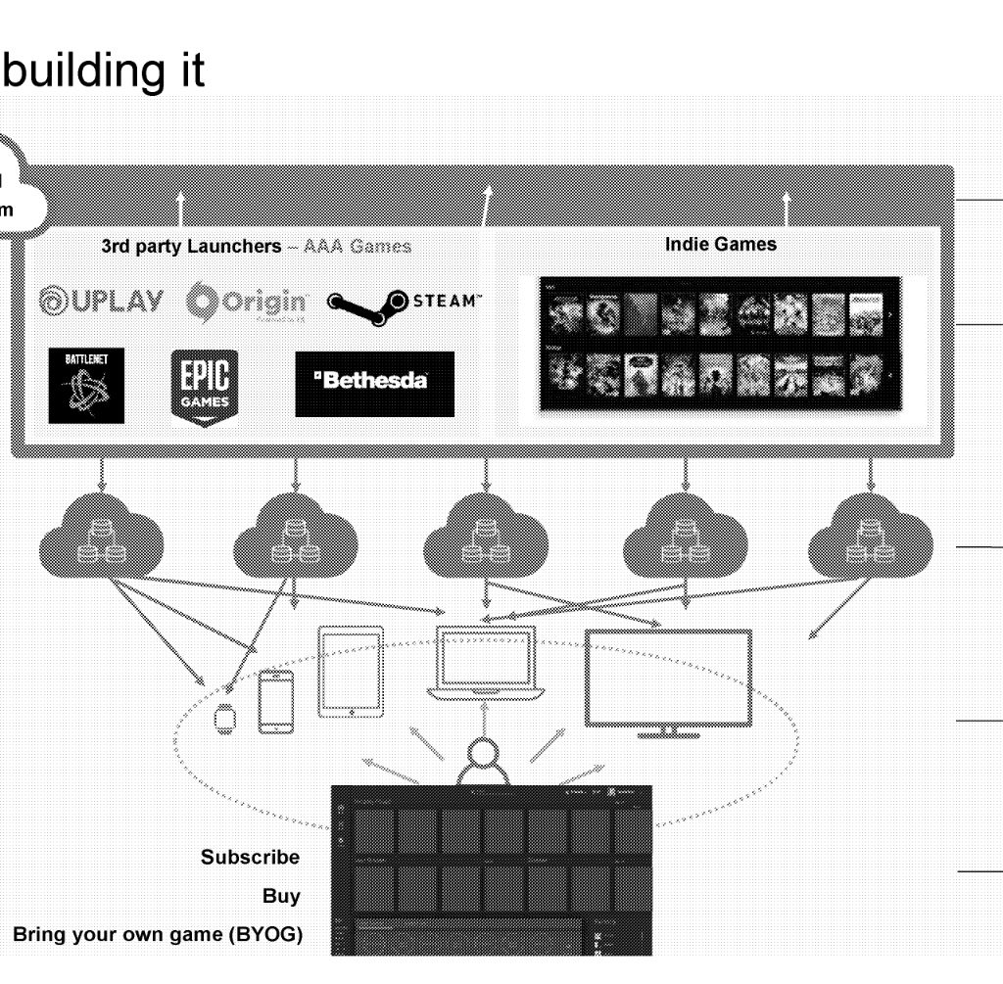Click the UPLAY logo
tap(102, 302)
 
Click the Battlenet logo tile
tap(86, 385)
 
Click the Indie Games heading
tap(720, 245)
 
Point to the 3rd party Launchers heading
tap(256, 246)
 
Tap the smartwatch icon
tap(225, 719)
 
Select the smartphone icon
tap(275, 701)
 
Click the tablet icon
tap(351, 672)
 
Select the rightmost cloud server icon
tap(869, 539)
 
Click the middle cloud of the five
tap(485, 539)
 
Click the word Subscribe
tap(251, 857)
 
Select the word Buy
tap(281, 896)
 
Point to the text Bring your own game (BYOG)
tap(158, 935)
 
